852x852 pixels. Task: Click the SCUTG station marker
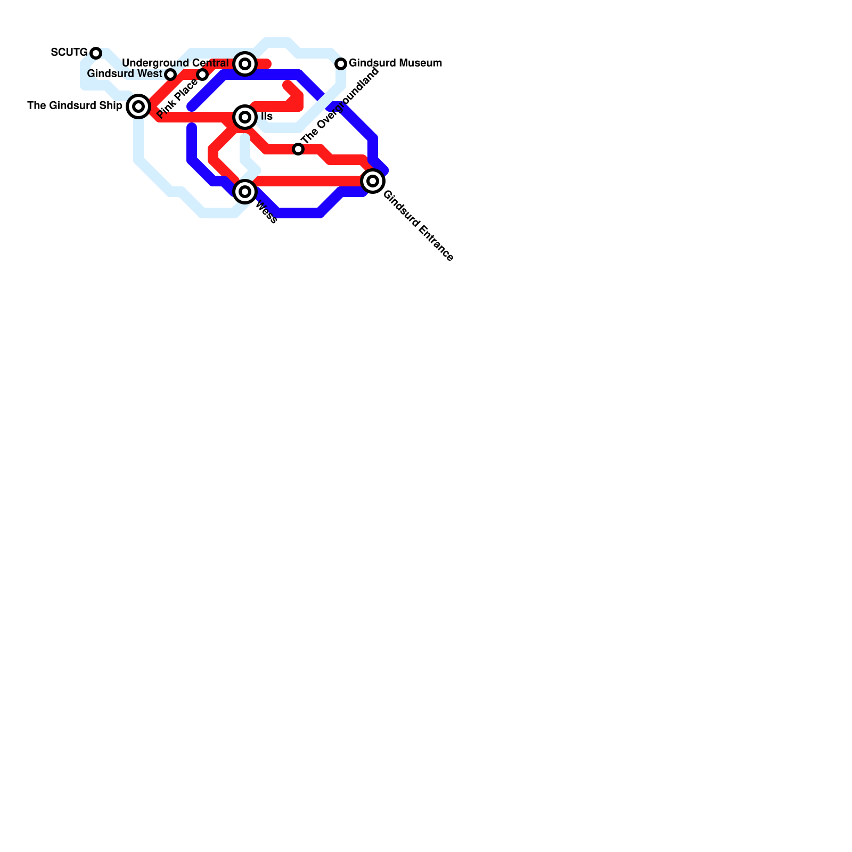tap(96, 53)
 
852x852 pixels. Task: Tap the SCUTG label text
tap(69, 53)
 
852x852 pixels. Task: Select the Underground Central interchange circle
tap(245, 64)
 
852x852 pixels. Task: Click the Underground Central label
tap(175, 63)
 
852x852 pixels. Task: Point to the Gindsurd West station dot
tap(170, 75)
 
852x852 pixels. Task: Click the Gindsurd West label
tap(124, 73)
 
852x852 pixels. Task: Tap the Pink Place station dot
tap(202, 75)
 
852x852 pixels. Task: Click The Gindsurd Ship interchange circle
tap(138, 106)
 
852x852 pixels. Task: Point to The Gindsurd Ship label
tap(75, 106)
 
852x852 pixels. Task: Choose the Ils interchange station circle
tap(245, 117)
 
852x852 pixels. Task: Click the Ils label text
tap(267, 117)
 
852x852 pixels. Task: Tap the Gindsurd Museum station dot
tap(341, 64)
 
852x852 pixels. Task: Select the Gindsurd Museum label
tap(395, 63)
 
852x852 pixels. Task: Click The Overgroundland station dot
tap(298, 149)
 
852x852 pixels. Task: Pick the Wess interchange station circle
tap(245, 192)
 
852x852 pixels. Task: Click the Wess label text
tap(266, 212)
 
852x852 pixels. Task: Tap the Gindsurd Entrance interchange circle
tap(373, 181)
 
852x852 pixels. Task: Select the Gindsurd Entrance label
tap(418, 226)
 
